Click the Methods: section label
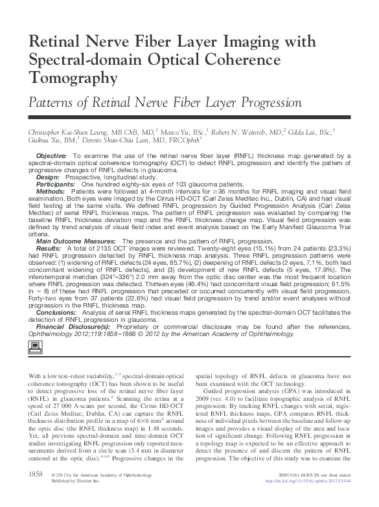51,192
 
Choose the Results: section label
49,249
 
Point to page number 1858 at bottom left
36,493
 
